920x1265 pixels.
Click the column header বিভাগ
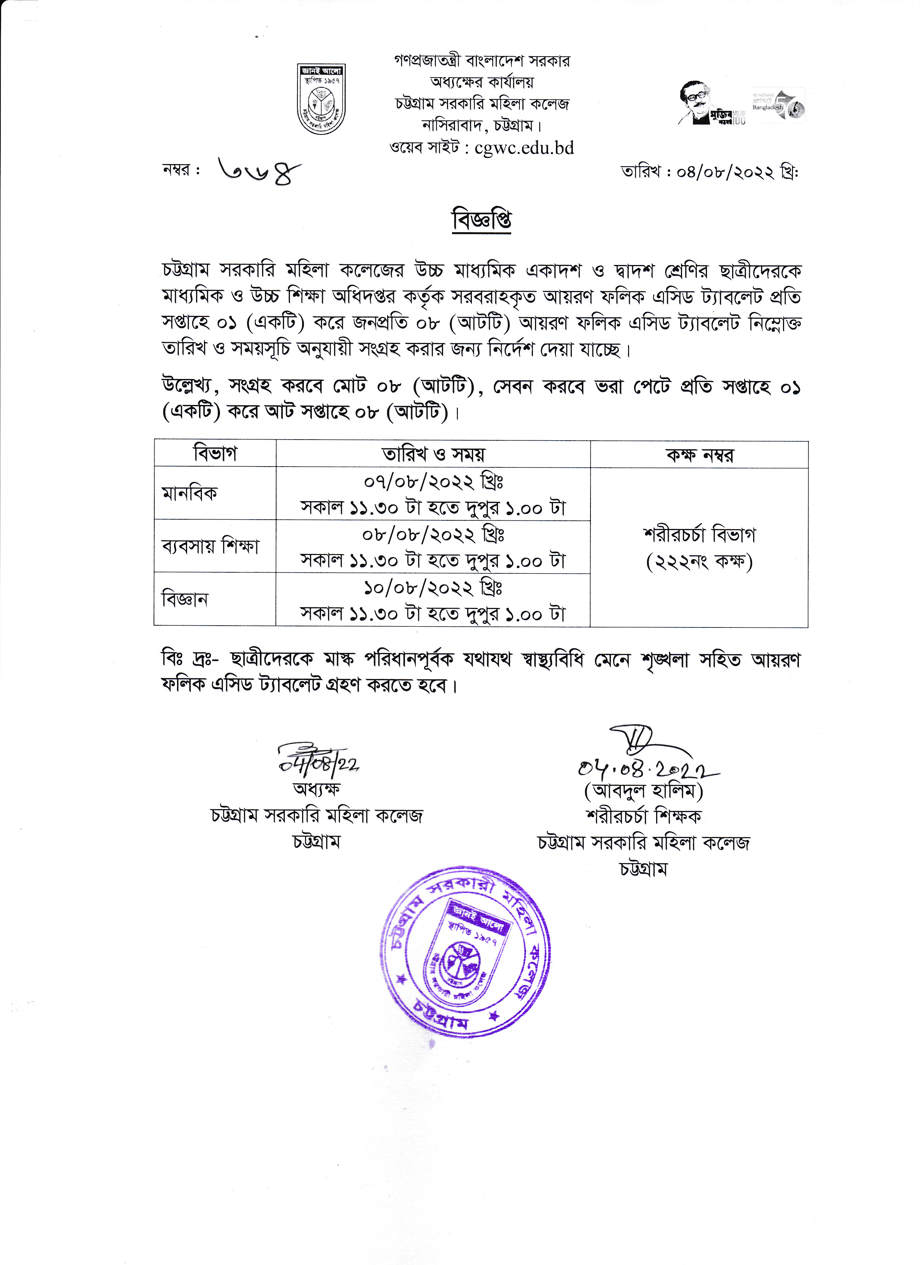point(215,453)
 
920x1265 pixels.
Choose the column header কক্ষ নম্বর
point(699,455)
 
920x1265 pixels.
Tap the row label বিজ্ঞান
point(185,599)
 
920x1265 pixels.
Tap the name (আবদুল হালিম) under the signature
point(643,791)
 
